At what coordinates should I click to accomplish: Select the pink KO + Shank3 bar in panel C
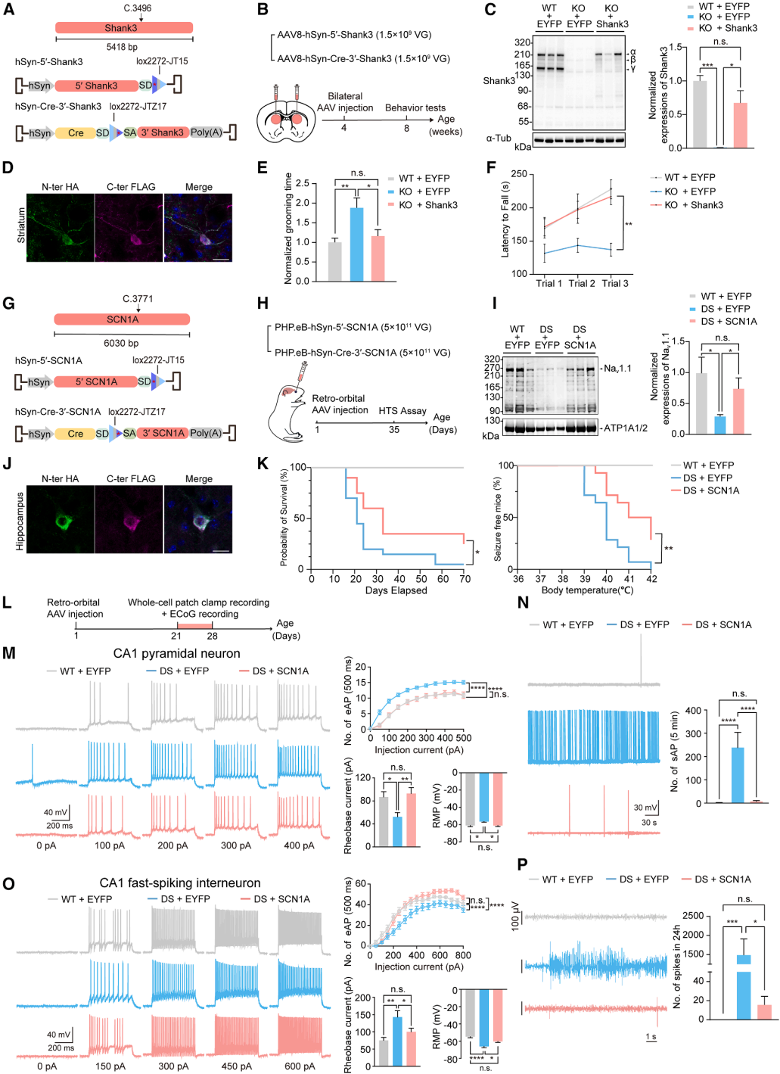[x=740, y=125]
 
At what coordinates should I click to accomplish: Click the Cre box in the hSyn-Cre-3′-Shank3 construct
[x=76, y=133]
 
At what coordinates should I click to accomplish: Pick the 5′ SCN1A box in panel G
[x=96, y=382]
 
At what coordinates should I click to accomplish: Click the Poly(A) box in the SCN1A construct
[x=206, y=434]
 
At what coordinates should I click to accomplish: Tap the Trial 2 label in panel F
[x=582, y=284]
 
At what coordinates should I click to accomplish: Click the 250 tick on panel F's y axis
[x=519, y=174]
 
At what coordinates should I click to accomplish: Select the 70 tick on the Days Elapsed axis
[x=465, y=579]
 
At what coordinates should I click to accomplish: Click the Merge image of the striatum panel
[x=198, y=228]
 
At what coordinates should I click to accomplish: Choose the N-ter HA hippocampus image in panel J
[x=61, y=519]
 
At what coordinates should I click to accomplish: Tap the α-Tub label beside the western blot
[x=499, y=139]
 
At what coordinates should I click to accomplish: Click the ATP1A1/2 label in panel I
[x=626, y=428]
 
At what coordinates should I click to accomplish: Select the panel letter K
[x=263, y=464]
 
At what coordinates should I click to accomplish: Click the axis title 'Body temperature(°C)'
[x=587, y=590]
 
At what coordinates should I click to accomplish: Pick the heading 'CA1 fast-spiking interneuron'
[x=180, y=883]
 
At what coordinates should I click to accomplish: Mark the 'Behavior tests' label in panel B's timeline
[x=415, y=108]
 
